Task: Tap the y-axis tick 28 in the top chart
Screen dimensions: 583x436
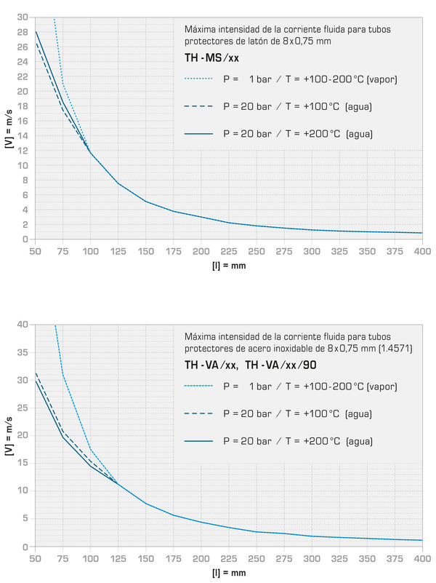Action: tap(24, 32)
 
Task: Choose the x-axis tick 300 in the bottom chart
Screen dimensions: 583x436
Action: tap(312, 558)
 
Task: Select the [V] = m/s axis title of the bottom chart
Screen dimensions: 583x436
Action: tap(9, 435)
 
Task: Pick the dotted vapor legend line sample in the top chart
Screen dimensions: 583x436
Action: tap(198, 78)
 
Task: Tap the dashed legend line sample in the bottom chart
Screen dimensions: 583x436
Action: tap(198, 413)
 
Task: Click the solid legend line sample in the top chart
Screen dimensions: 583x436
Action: tap(198, 134)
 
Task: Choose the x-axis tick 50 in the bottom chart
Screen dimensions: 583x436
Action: tap(35, 558)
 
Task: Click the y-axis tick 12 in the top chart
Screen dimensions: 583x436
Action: tap(24, 151)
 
